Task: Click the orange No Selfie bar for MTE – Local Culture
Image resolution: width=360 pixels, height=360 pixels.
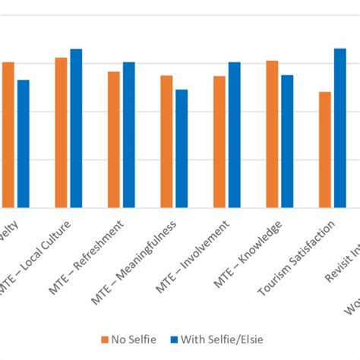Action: coord(61,133)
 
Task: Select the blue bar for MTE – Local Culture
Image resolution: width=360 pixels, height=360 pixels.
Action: coord(76,128)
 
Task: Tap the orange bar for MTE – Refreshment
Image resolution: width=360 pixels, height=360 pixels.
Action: coord(114,140)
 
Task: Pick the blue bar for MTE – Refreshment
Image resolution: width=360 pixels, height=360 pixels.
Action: coord(129,135)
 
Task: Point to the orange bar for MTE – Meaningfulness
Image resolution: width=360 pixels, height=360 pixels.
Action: coord(166,142)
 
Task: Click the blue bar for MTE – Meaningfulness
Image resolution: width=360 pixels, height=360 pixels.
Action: coord(182,149)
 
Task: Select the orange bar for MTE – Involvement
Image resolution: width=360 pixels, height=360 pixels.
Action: coord(219,142)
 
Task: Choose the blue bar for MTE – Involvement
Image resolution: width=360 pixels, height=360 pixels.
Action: coord(235,135)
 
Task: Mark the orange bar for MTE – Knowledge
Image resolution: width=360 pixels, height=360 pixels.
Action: coord(272,134)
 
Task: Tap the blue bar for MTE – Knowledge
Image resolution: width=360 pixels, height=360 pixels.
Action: coord(287,141)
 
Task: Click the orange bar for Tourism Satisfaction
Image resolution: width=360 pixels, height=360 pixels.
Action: coord(325,150)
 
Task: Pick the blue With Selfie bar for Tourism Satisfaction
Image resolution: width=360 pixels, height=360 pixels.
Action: coord(340,128)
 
